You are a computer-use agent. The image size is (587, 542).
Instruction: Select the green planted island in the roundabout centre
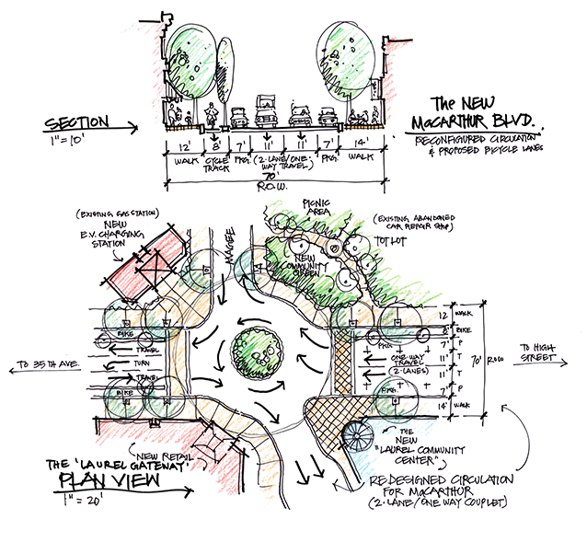coord(251,349)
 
